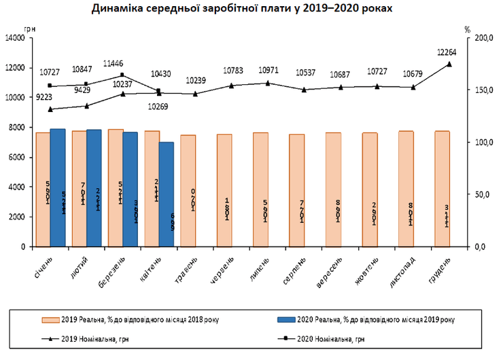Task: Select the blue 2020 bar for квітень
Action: [x=166, y=194]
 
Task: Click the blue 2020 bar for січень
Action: [x=58, y=187]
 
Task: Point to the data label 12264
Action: [x=448, y=52]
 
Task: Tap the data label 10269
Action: [x=158, y=106]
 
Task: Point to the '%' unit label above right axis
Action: [x=468, y=29]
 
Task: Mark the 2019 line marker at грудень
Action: [x=449, y=64]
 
